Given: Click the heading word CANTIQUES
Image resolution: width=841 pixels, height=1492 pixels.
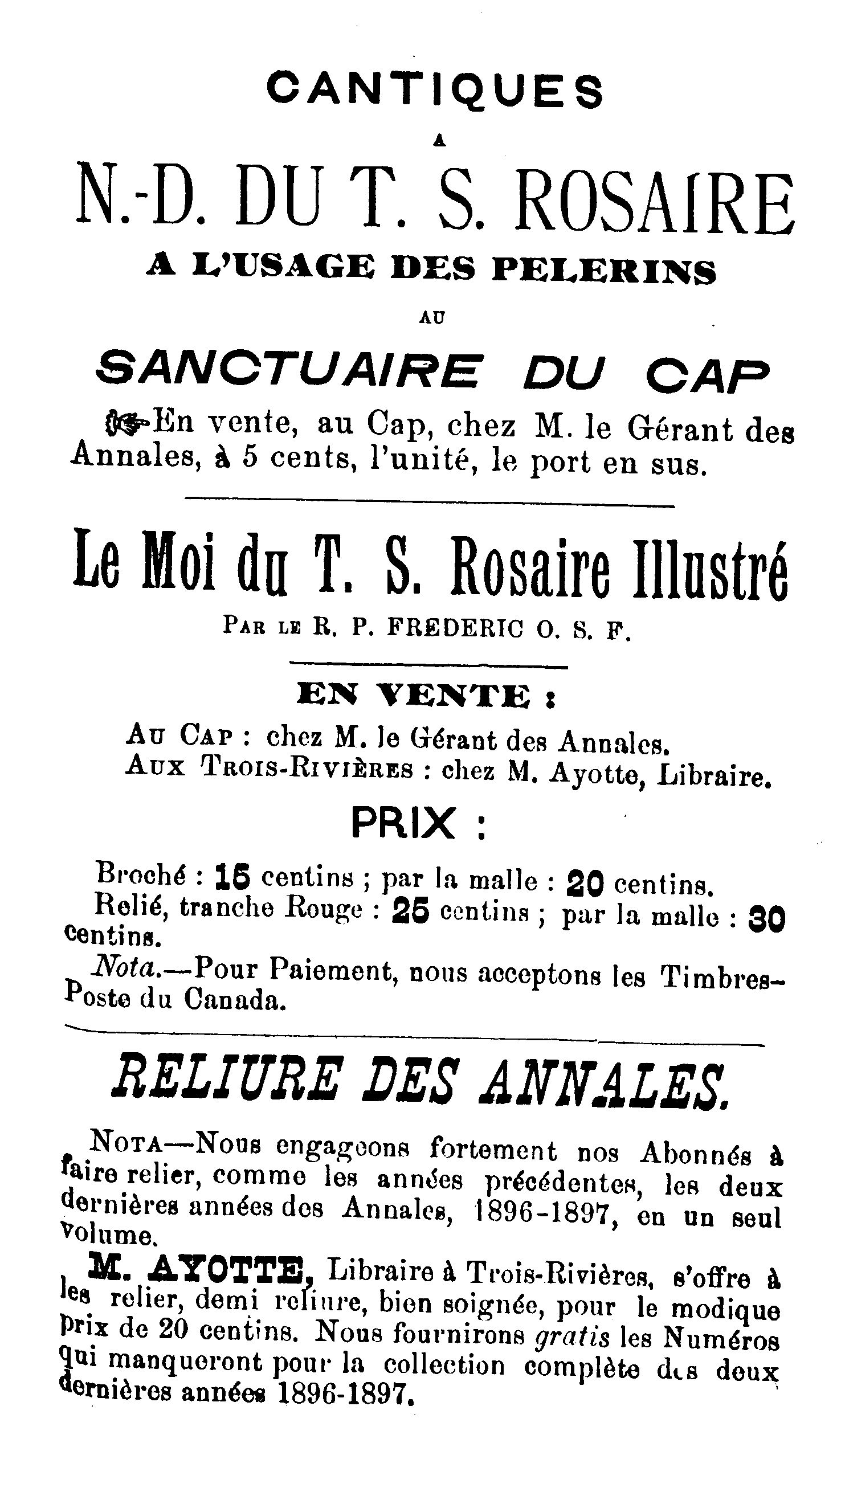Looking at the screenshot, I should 434,90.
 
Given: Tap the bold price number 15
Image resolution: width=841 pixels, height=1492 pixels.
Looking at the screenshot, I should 232,878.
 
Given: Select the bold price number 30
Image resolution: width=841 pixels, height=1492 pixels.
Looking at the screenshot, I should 766,920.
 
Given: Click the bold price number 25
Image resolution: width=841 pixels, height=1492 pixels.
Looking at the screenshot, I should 410,913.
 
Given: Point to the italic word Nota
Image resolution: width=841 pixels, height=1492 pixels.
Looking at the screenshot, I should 123,968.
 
